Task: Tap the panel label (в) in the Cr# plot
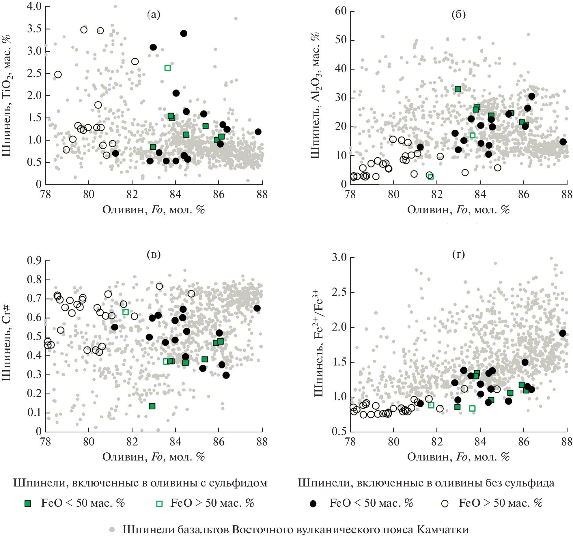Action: point(154,254)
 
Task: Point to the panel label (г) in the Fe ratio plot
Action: point(458,254)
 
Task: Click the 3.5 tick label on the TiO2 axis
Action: point(34,29)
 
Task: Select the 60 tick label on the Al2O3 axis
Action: point(341,11)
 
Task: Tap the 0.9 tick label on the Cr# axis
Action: point(34,261)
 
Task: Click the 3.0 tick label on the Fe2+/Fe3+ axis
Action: point(339,257)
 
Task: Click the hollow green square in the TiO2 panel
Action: point(167,68)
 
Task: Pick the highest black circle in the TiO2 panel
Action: point(184,33)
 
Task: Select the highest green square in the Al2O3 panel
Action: point(458,89)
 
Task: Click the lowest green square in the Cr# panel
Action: point(152,406)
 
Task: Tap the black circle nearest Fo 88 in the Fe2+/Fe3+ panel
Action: point(563,333)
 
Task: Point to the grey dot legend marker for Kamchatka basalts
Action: point(112,529)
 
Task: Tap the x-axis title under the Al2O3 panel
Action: point(458,210)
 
